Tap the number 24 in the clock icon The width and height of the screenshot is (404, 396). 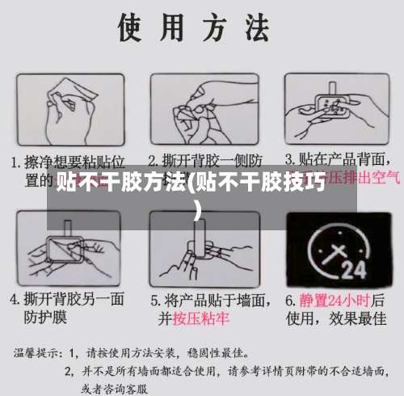(354, 265)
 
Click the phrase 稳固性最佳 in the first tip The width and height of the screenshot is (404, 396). (219, 353)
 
